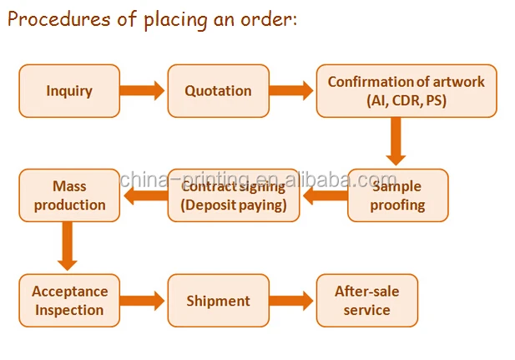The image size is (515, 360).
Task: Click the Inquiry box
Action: point(69,91)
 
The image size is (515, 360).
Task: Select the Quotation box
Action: point(217,91)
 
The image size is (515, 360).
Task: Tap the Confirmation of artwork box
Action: point(406,91)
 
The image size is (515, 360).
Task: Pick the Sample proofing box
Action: point(397,195)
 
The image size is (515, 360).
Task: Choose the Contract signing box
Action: point(234,195)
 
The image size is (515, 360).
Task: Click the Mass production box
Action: point(68,195)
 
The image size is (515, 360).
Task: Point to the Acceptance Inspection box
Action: point(69,301)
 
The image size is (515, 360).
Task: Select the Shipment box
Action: point(217,301)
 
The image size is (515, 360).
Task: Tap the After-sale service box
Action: point(366,301)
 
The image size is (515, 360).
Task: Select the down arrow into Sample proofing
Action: point(396,142)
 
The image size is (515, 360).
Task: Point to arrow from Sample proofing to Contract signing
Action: point(324,196)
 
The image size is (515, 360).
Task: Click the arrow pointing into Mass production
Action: point(144,196)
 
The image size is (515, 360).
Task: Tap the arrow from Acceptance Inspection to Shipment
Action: point(143,301)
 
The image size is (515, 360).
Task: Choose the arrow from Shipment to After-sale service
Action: point(291,301)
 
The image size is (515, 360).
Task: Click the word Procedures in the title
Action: point(57,20)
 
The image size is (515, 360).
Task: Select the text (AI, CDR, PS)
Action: point(406,100)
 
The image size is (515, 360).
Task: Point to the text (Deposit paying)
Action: point(234,205)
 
